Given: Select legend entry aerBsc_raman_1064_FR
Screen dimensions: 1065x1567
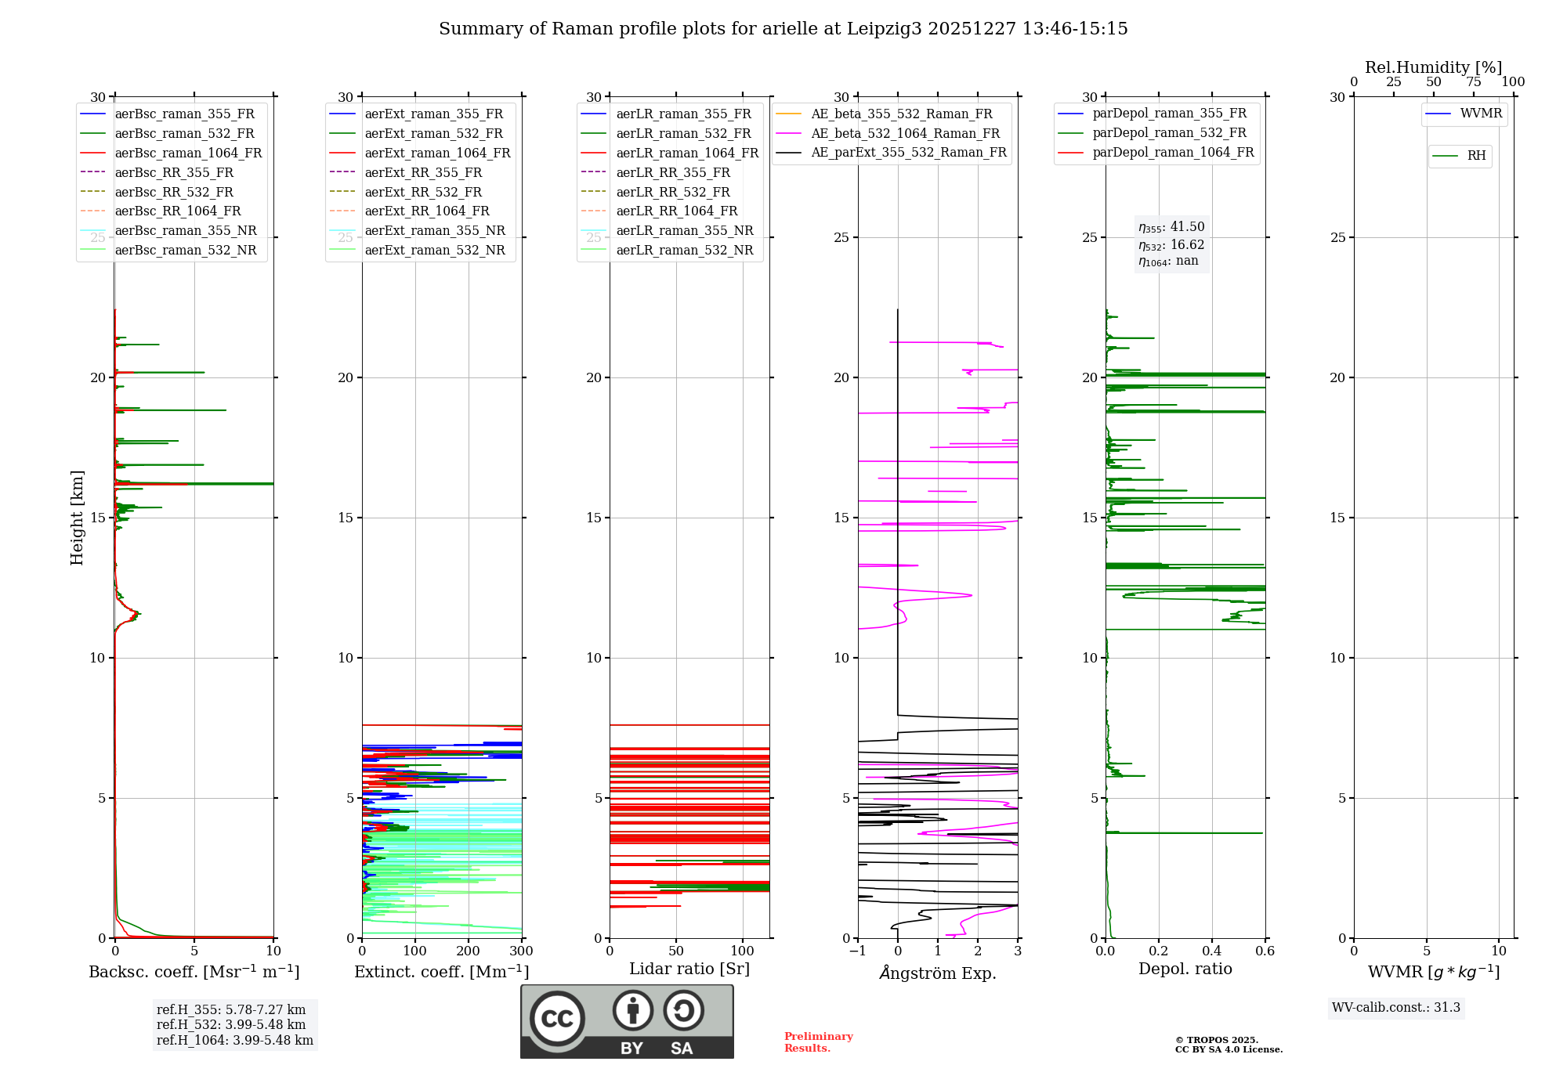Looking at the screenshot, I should [188, 153].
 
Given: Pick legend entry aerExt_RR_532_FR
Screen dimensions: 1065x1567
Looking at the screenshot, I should [423, 192].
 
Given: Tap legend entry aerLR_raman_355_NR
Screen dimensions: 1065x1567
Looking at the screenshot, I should [684, 230].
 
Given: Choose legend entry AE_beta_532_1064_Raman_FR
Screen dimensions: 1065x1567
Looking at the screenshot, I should [905, 133].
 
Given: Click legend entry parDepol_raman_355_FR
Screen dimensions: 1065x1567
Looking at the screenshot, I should [1169, 114].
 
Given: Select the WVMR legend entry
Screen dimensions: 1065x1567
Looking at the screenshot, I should [1480, 114].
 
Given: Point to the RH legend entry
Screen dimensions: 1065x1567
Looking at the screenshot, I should [1476, 156].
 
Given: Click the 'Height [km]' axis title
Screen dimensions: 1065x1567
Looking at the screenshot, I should [77, 518].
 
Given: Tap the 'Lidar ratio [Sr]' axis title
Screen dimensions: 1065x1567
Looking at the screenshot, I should [689, 969].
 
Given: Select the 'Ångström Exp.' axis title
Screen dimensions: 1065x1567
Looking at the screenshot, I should [938, 973].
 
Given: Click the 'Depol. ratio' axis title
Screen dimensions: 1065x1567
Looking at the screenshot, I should [1185, 969].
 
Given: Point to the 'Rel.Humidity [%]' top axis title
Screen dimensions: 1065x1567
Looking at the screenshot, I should [1433, 67].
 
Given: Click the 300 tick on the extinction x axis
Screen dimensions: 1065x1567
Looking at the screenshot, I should [521, 951].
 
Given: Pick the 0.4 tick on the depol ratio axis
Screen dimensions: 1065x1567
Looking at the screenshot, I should [1212, 951].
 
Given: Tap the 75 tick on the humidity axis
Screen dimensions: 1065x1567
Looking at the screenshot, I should [1474, 81].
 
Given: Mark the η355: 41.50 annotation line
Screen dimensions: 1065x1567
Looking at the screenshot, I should [1171, 227].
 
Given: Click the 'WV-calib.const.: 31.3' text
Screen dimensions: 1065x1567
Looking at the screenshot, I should [1396, 1007].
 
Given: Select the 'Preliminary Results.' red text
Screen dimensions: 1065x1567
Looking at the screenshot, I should [818, 1042].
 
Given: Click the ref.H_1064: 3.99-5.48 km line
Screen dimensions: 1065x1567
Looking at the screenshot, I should [234, 1040].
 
